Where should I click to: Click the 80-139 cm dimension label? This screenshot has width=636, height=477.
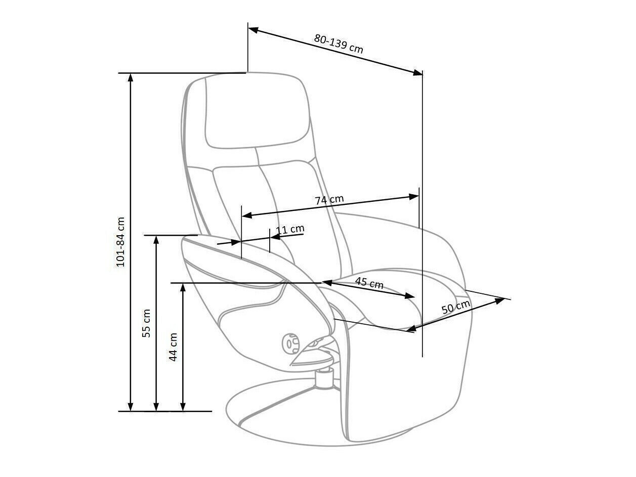click(x=338, y=44)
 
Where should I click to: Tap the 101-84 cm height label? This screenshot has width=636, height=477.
click(x=120, y=242)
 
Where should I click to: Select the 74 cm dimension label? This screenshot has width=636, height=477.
click(x=329, y=199)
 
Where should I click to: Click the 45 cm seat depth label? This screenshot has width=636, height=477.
click(x=369, y=283)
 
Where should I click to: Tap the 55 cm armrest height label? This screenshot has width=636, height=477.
click(x=146, y=323)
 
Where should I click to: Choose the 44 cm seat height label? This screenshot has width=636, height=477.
click(x=173, y=346)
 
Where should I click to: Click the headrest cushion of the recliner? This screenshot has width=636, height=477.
click(x=257, y=112)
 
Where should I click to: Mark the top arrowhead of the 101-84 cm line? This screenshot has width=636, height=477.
click(x=131, y=77)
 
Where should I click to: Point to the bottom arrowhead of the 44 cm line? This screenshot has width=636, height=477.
click(x=183, y=407)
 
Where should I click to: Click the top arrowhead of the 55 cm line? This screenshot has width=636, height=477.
click(x=156, y=239)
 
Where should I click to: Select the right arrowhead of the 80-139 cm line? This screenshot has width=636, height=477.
click(x=418, y=73)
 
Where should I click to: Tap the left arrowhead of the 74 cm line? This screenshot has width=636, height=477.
click(x=246, y=215)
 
